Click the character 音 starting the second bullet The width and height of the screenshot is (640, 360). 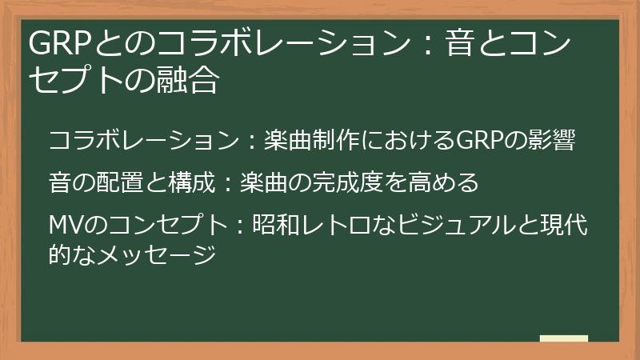[59, 183]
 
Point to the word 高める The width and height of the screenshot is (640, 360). [441, 183]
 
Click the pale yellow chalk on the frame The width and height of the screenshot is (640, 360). [564, 338]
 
